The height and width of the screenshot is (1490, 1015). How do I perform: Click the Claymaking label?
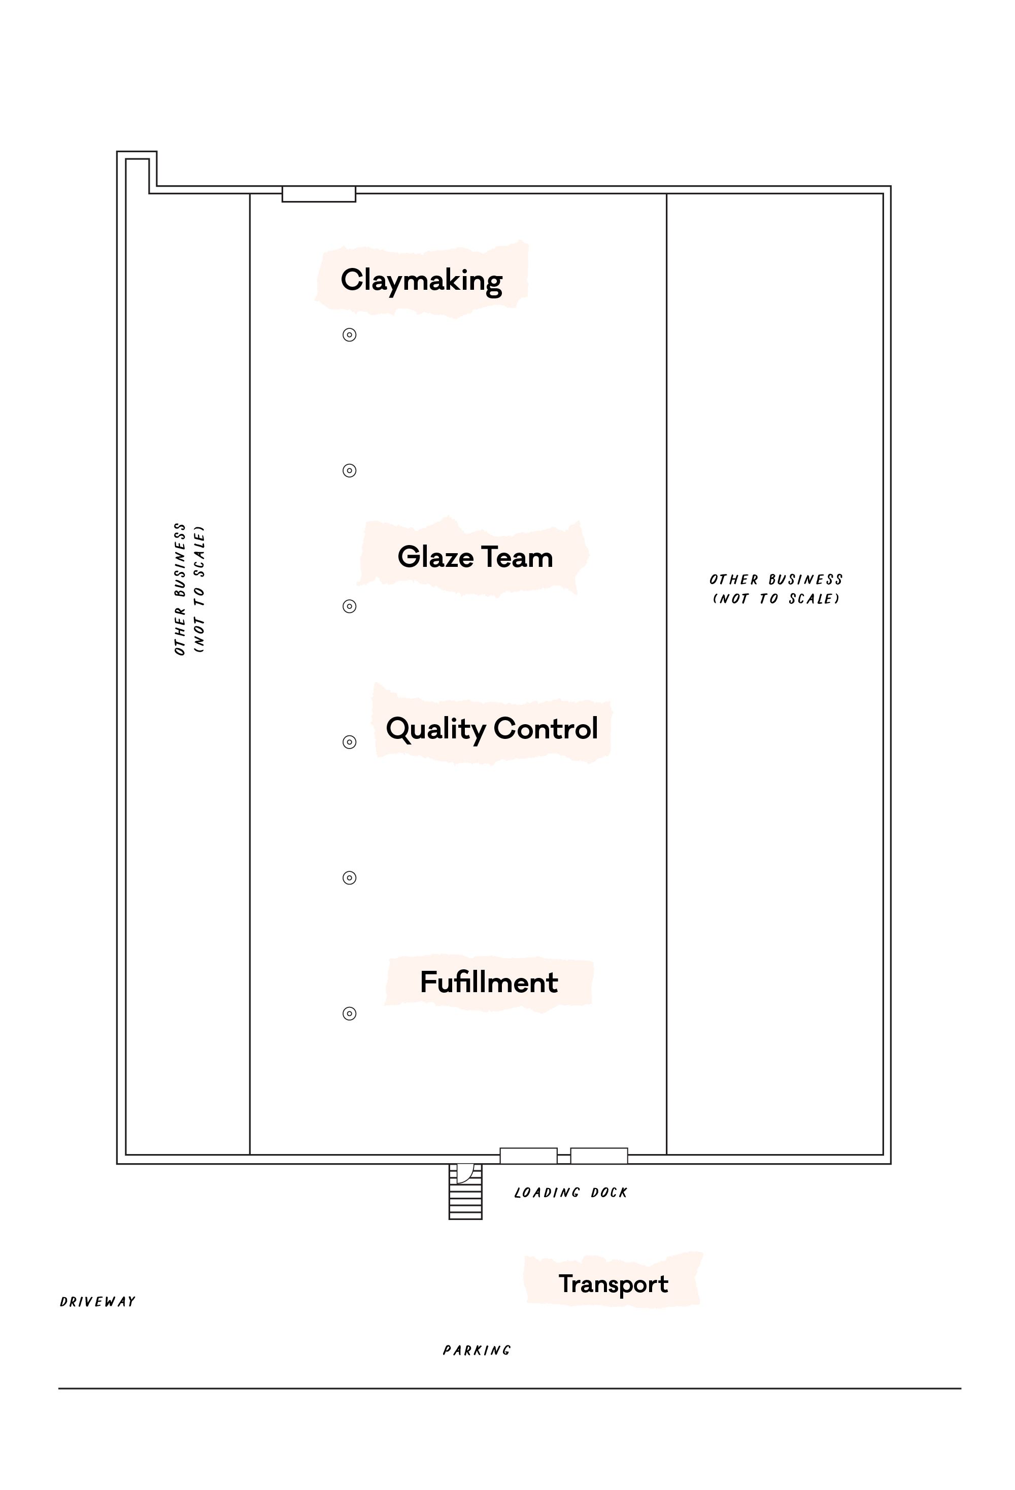(x=421, y=280)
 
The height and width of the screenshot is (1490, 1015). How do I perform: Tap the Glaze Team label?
(x=475, y=557)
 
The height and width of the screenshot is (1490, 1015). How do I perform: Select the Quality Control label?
(x=492, y=728)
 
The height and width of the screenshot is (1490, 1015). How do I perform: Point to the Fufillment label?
(x=489, y=982)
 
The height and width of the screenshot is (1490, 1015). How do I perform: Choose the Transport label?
(x=613, y=1283)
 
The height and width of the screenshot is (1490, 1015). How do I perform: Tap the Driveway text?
(x=97, y=1302)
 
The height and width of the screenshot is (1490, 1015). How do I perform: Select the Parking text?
(x=477, y=1350)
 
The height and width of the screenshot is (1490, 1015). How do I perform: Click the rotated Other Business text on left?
(x=189, y=589)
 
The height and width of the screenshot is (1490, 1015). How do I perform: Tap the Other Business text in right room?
(x=775, y=589)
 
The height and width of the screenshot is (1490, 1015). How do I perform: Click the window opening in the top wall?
(x=319, y=194)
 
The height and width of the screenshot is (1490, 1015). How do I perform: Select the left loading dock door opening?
(x=528, y=1156)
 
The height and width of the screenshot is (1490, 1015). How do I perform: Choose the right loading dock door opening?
(x=599, y=1156)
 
